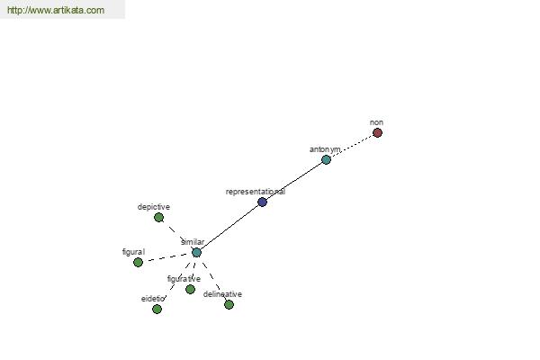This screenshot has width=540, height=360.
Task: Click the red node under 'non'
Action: click(x=377, y=132)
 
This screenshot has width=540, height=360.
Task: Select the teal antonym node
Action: click(x=326, y=159)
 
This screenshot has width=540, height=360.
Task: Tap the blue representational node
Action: click(x=263, y=202)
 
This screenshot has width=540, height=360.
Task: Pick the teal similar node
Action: click(x=196, y=253)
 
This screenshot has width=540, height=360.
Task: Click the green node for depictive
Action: click(x=158, y=218)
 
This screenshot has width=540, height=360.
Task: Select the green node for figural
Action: click(x=138, y=263)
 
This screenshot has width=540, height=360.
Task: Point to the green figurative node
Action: click(x=190, y=290)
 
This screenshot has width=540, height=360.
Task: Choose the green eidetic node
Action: click(x=157, y=309)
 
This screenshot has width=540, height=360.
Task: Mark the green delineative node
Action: click(x=229, y=304)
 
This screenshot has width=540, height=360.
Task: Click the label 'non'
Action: click(x=376, y=122)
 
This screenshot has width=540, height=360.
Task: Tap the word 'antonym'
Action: click(x=325, y=149)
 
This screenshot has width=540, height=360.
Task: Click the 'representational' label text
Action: click(x=256, y=192)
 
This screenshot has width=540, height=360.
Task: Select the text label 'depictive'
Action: click(x=154, y=207)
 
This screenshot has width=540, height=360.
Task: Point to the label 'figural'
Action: click(x=133, y=252)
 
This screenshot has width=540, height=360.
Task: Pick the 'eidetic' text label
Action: click(x=153, y=299)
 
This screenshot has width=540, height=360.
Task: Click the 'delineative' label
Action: click(x=222, y=294)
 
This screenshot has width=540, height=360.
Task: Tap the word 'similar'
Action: click(x=193, y=242)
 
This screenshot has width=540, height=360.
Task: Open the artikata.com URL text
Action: click(x=56, y=10)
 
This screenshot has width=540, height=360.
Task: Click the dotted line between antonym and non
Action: click(x=352, y=146)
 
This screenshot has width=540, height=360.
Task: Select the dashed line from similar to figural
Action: click(x=167, y=257)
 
